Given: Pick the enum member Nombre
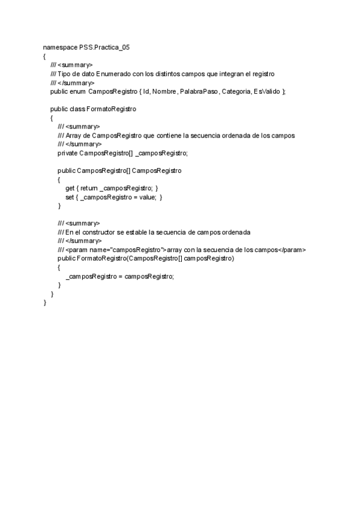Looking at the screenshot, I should click(x=164, y=91).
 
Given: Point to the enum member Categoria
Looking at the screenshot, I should click(x=237, y=91).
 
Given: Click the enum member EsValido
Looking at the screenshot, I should click(x=268, y=91).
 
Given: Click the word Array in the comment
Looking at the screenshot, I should click(x=74, y=136).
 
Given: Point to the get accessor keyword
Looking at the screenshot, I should click(x=70, y=188).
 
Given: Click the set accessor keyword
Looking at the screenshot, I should click(x=70, y=197).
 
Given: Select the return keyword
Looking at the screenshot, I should click(x=89, y=188).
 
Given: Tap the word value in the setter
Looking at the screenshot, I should click(x=146, y=197).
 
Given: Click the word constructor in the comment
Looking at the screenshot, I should click(x=103, y=232).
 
